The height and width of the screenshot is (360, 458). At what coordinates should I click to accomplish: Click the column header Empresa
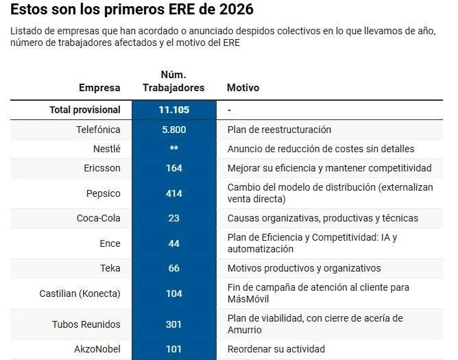[x=99, y=88]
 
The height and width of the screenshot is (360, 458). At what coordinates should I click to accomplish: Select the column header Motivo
[x=243, y=88]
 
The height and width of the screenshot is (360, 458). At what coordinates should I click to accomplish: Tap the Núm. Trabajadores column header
[x=173, y=81]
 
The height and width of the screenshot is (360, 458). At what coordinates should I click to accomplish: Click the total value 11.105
[x=173, y=110]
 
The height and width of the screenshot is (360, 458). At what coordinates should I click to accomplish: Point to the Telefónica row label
[x=98, y=130]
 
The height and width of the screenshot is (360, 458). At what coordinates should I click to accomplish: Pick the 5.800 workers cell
[x=173, y=130]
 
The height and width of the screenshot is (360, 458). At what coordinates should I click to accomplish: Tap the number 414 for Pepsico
[x=173, y=193]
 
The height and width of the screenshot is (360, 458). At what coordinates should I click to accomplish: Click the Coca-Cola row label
[x=98, y=218]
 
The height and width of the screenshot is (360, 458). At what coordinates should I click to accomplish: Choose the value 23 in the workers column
[x=173, y=218]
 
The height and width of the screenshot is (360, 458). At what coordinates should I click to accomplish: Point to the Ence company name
[x=110, y=243]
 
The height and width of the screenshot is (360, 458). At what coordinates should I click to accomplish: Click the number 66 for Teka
[x=173, y=268]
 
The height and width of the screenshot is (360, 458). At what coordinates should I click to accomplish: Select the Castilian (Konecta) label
[x=80, y=293]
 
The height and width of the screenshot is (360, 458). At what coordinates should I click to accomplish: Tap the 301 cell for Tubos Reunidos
[x=173, y=324]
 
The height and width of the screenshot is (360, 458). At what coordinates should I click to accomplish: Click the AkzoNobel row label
[x=97, y=349]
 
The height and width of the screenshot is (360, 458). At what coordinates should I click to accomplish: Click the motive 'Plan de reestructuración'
[x=279, y=130]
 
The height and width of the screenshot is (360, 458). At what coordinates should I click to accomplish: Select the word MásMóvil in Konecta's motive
[x=249, y=300]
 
